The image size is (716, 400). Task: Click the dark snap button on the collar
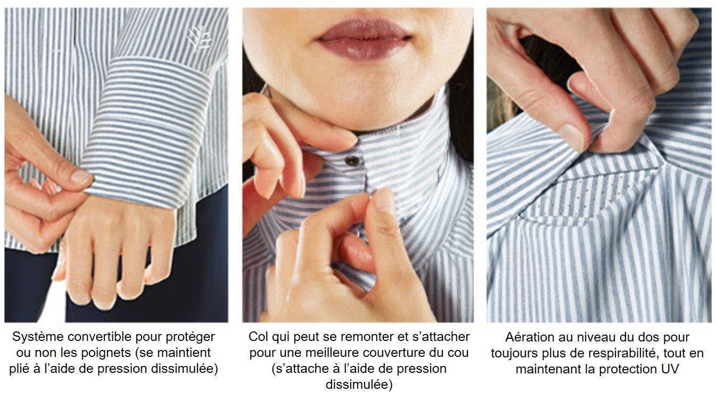[352, 161]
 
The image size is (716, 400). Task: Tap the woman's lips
[364, 39]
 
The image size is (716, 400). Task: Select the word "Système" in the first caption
[38, 337]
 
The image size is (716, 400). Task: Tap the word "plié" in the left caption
[20, 369]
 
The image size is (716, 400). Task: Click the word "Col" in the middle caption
[258, 337]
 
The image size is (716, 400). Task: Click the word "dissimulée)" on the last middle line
[359, 385]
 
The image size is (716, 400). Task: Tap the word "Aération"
[530, 337]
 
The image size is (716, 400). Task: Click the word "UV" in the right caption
[671, 369]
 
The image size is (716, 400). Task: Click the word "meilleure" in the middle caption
[332, 353]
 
